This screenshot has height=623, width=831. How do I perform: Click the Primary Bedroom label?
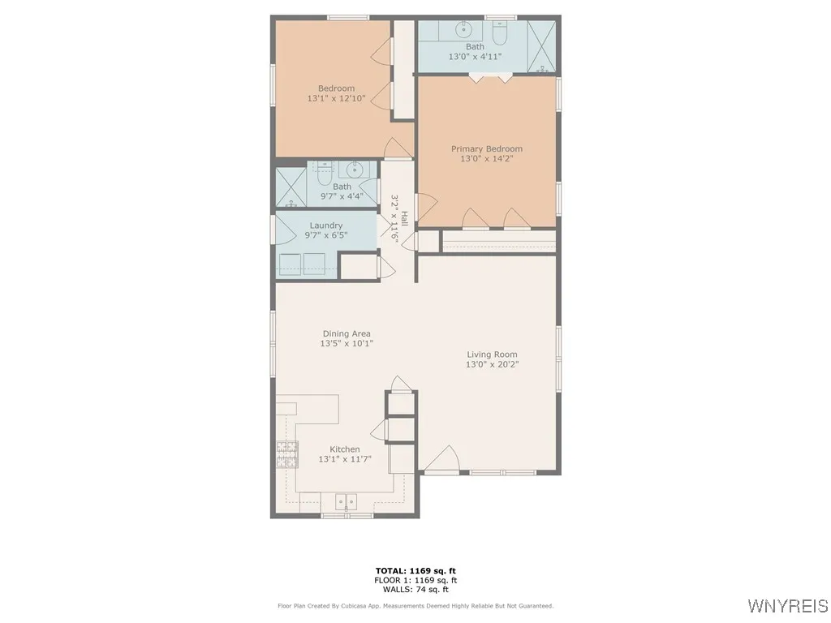coord(487,148)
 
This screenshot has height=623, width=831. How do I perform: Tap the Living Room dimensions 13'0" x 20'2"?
coord(492,365)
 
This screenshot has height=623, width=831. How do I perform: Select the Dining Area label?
coord(346,333)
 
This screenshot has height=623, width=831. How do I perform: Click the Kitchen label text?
coord(344,449)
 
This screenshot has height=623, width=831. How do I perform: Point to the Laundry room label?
coord(325,226)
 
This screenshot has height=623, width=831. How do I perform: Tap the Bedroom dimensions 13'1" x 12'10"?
coord(336,99)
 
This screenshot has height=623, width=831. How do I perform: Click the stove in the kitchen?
coord(286,454)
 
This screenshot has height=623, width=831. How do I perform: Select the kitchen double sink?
coord(347,501)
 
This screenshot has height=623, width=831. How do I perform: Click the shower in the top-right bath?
coord(541,45)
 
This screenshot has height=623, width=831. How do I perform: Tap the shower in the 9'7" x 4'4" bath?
coord(290,187)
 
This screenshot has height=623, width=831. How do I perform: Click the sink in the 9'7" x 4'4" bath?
coord(355,170)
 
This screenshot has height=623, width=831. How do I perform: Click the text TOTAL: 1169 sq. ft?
coord(415,570)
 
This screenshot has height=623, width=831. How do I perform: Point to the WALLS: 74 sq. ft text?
coord(415,590)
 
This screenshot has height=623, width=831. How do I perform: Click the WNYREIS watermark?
coord(787,606)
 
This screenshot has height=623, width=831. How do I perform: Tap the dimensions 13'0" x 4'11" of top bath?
coord(475,57)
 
